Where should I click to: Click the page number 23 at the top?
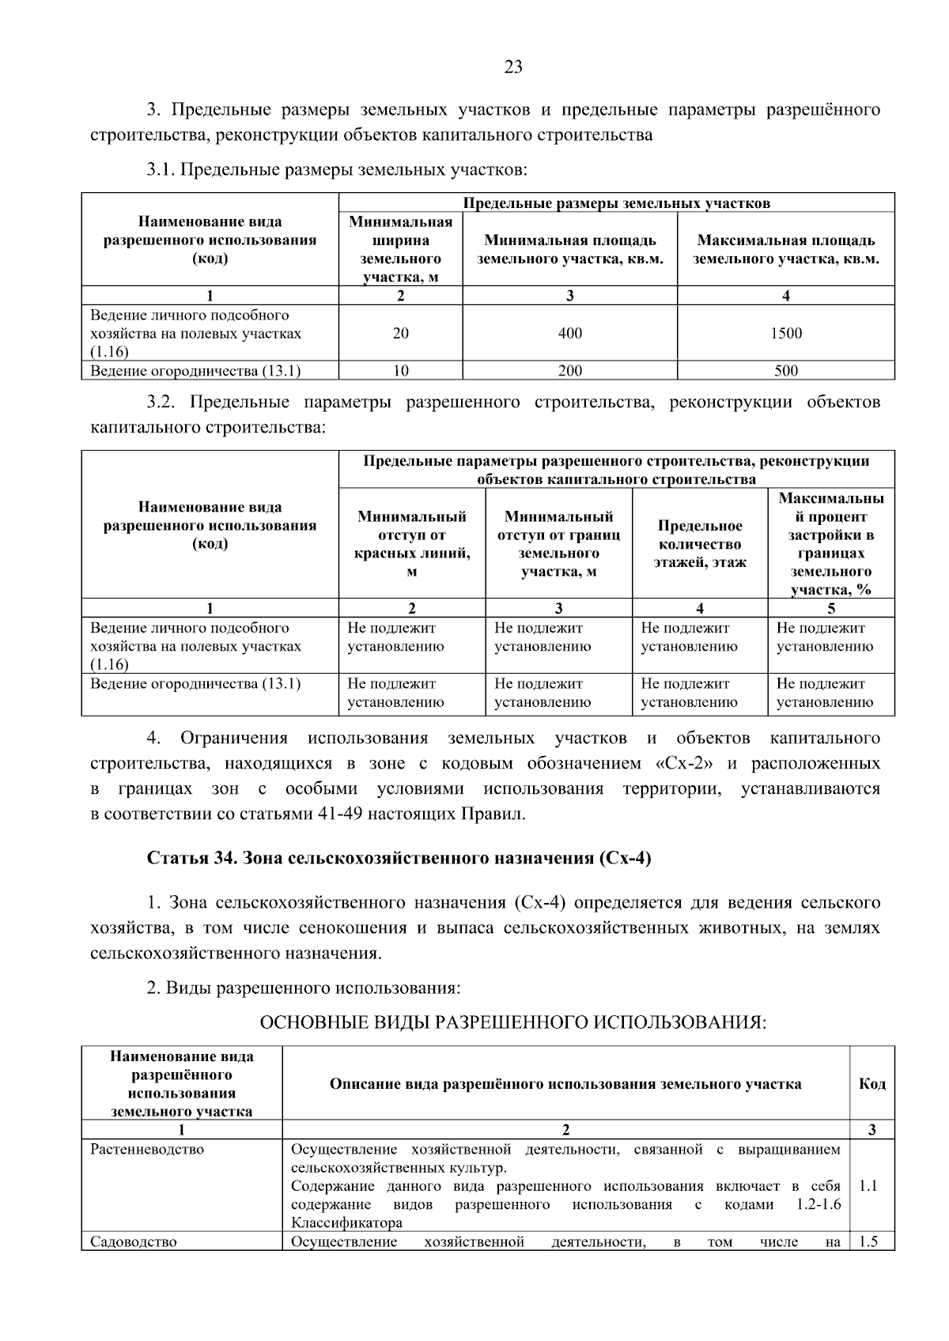513,67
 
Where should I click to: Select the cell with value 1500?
785,333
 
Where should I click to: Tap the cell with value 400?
569,333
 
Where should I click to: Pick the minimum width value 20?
401,333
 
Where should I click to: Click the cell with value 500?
785,371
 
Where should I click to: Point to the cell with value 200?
569,371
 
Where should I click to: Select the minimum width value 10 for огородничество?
401,371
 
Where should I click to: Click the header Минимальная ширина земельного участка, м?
401,249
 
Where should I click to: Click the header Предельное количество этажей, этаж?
699,544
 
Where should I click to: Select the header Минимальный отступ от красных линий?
412,544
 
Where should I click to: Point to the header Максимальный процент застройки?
830,544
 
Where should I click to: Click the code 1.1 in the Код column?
868,1186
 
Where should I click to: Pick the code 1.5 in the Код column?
868,1241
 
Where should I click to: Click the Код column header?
871,1083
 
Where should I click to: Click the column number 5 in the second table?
830,608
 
